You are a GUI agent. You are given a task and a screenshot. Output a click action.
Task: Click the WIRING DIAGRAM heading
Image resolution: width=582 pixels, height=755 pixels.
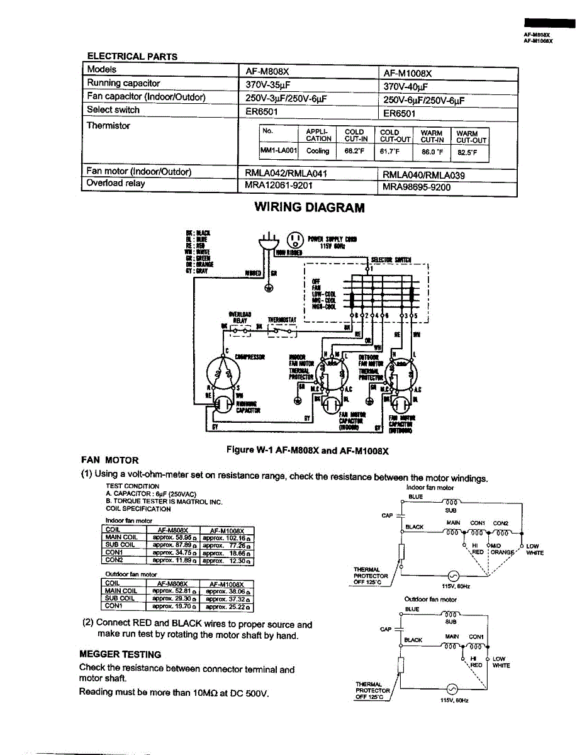pyautogui.click(x=309, y=208)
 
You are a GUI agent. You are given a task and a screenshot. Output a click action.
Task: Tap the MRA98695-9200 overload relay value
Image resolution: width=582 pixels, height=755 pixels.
pyautogui.click(x=417, y=187)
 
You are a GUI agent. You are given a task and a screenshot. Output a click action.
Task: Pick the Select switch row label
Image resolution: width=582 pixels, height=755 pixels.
pyautogui.click(x=113, y=110)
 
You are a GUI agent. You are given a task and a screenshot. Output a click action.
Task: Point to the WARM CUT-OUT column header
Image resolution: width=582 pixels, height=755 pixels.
pyautogui.click(x=471, y=137)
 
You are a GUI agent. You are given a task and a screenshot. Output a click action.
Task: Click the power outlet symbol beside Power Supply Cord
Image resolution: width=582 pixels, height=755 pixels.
pyautogui.click(x=294, y=240)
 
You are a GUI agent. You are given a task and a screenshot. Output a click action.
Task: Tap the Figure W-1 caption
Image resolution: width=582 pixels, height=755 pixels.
pyautogui.click(x=308, y=450)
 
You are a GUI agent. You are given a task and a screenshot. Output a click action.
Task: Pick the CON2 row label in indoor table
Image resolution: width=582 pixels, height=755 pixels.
pyautogui.click(x=115, y=560)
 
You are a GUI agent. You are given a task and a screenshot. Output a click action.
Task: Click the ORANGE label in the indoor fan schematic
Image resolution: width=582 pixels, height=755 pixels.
pyautogui.click(x=502, y=552)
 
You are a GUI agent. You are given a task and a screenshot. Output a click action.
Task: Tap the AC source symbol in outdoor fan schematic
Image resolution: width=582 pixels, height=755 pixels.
pyautogui.click(x=452, y=689)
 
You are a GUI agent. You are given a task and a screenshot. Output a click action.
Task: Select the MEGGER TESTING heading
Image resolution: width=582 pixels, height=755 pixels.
pyautogui.click(x=120, y=654)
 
